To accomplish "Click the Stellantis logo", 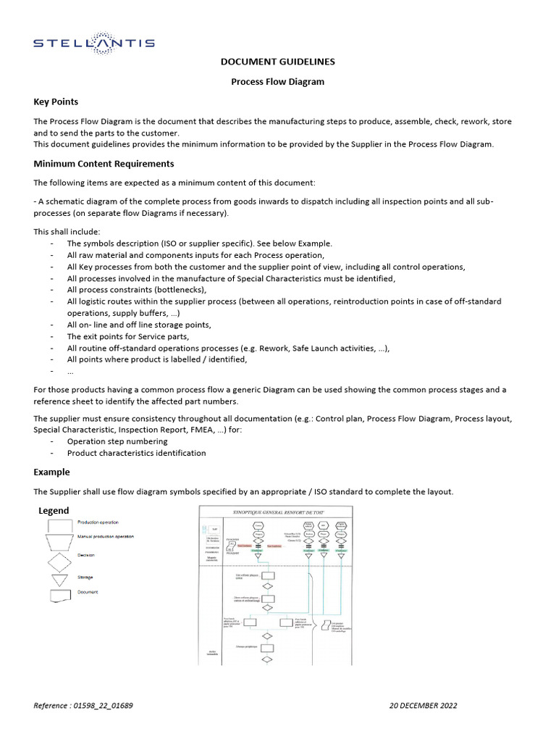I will click(94, 43).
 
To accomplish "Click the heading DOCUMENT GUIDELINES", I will click(277, 62).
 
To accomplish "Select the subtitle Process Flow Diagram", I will click(277, 82).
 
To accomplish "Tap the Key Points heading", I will click(56, 101).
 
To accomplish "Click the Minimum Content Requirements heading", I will click(104, 164).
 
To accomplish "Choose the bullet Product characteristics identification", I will click(136, 453).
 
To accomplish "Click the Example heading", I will click(51, 472).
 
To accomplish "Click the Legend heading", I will click(54, 511).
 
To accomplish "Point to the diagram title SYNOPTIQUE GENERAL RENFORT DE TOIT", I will click(277, 512).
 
